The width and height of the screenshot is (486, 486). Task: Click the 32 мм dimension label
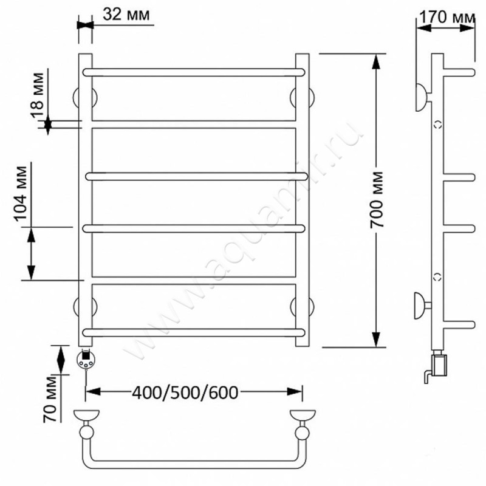pyautogui.click(x=126, y=15)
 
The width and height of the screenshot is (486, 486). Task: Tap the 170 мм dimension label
pyautogui.click(x=447, y=17)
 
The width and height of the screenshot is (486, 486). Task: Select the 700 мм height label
pyautogui.click(x=376, y=200)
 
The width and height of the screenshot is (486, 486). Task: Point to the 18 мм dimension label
pyautogui.click(x=38, y=95)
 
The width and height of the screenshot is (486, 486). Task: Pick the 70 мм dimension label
pyautogui.click(x=50, y=399)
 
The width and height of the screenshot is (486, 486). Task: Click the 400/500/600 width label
pyautogui.click(x=185, y=392)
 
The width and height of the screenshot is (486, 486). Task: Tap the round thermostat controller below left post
pyautogui.click(x=85, y=360)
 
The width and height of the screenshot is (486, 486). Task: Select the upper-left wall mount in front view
pyautogui.click(x=85, y=97)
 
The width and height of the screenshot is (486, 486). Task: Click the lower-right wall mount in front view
pyautogui.click(x=302, y=307)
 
